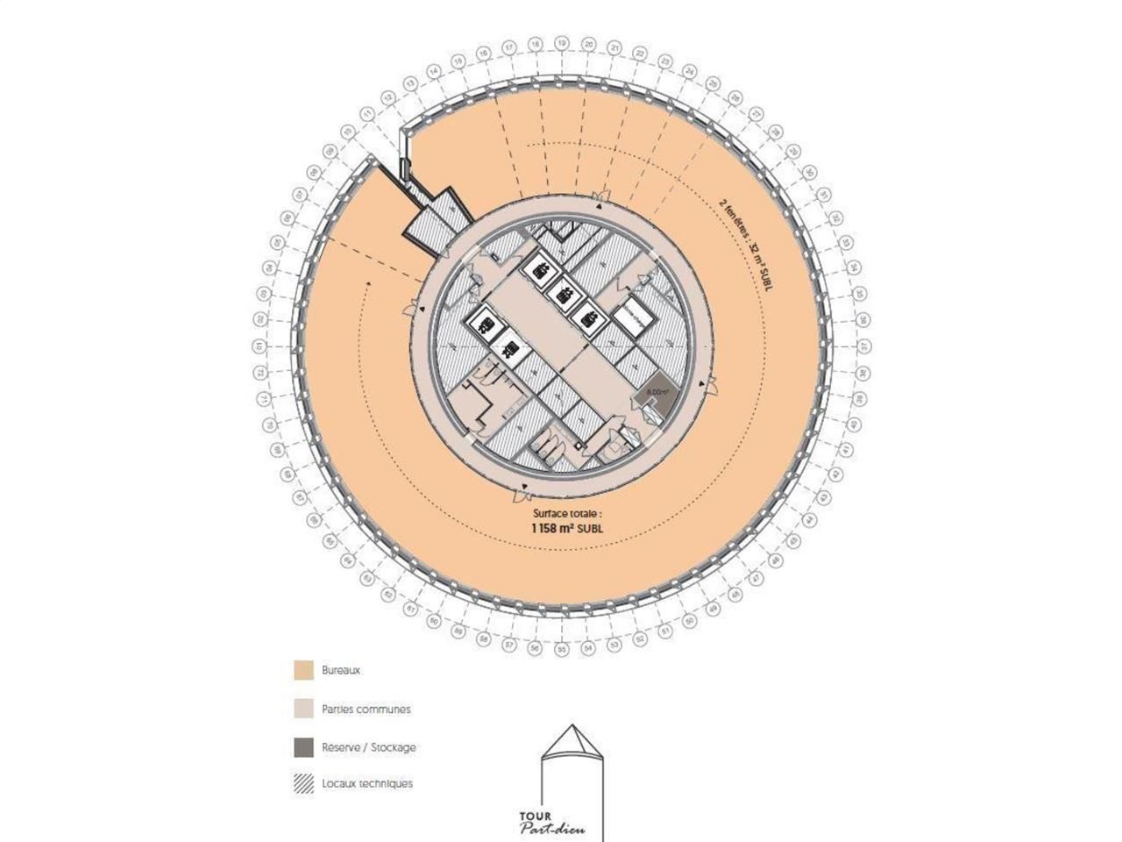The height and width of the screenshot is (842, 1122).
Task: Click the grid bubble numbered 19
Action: tap(562, 41)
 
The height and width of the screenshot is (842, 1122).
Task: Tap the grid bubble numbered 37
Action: tap(863, 346)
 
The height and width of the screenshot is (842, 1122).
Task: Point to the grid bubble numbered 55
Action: tap(562, 650)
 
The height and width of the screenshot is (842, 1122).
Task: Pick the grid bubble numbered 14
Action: tap(433, 72)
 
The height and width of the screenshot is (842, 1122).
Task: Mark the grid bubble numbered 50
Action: tap(690, 621)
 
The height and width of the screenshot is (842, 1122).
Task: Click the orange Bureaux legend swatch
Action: tap(303, 670)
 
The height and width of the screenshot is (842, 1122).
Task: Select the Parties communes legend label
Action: tap(366, 709)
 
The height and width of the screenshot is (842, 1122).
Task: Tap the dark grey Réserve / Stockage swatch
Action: tap(303, 747)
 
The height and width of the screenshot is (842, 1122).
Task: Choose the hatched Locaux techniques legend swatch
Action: tap(303, 783)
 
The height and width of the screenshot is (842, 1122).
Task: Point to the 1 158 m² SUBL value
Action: tap(568, 529)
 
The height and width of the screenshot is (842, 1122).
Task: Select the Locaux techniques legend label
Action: tap(366, 783)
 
